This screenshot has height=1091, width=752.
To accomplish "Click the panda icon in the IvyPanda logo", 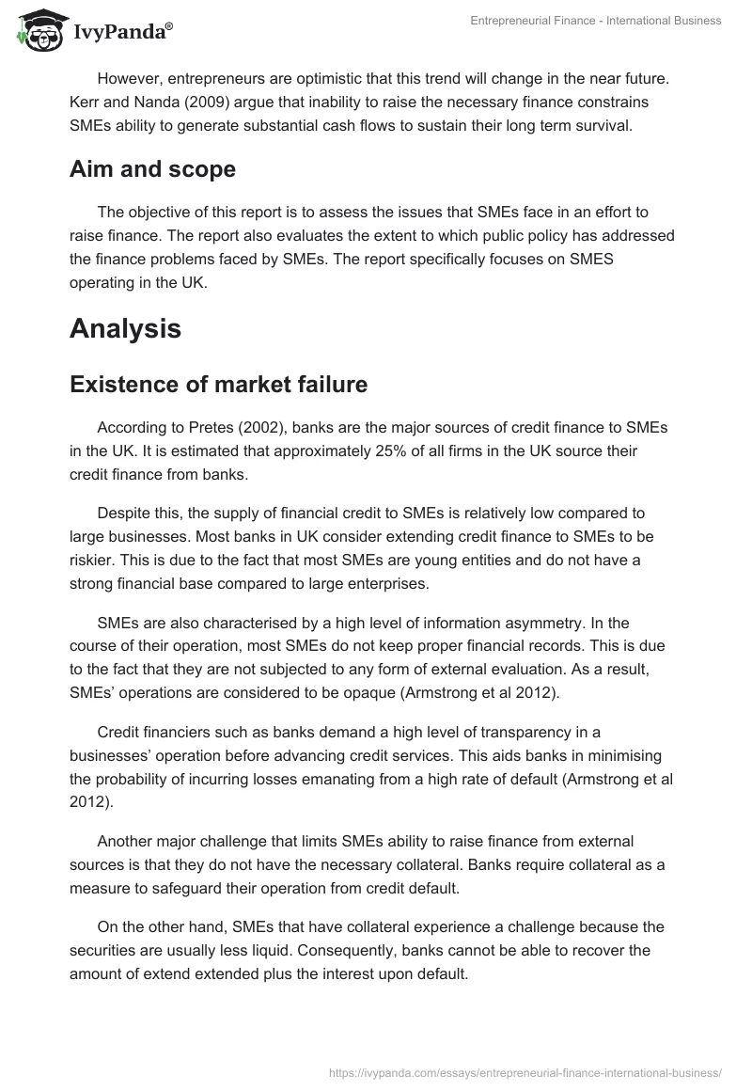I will pyautogui.click(x=37, y=32).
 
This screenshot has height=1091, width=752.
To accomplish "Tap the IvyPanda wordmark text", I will pyautogui.click(x=123, y=34).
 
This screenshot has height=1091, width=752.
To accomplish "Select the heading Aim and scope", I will pyautogui.click(x=152, y=169).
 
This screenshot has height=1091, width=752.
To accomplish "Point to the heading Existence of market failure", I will pyautogui.click(x=219, y=385).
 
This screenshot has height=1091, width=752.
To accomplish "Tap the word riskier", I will pyautogui.click(x=95, y=560).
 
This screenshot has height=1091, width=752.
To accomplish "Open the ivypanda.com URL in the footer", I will pyautogui.click(x=525, y=1072).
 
